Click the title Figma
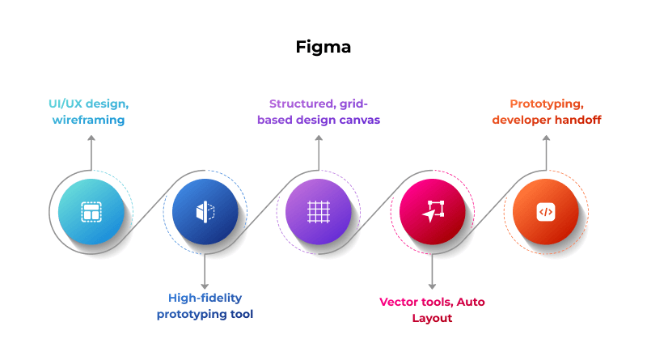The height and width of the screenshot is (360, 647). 323,47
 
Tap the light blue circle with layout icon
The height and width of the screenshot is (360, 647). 91,213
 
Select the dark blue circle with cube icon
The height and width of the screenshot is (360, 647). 205,213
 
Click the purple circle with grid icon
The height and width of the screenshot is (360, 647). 319,213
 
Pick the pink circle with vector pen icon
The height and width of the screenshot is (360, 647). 432,213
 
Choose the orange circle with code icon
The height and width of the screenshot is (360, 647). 546,213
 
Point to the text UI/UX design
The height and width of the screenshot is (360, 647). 89,104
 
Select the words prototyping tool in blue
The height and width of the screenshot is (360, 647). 205,314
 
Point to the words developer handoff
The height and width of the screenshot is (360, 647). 547,120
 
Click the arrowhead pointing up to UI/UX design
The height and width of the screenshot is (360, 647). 91,139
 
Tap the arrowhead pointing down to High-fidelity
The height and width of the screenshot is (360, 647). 205,283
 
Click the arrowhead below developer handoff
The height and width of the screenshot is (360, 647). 546,139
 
